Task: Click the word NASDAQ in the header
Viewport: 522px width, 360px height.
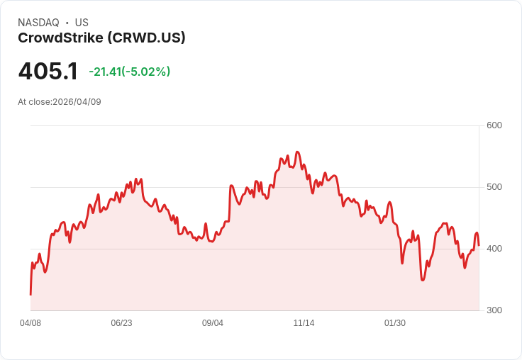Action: (38, 23)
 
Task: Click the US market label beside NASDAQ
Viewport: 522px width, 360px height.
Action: (82, 23)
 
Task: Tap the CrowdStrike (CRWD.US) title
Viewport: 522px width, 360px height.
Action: (101, 38)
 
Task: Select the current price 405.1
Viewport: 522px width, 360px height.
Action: (48, 72)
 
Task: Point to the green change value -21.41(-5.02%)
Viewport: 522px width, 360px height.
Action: (129, 72)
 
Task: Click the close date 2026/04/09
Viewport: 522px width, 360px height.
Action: (77, 102)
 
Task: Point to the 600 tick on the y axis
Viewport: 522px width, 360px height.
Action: (494, 125)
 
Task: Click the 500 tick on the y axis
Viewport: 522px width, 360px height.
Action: (494, 187)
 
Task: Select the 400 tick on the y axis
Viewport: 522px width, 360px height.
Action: (494, 249)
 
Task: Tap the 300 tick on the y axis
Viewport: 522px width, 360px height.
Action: (494, 310)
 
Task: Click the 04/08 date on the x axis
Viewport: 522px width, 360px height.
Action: (30, 323)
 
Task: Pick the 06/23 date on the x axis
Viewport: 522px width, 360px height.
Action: (121, 323)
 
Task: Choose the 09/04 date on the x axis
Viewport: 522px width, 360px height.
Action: (213, 323)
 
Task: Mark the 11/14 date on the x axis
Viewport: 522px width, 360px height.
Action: (304, 323)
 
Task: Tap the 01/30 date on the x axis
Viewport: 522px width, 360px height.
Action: (395, 323)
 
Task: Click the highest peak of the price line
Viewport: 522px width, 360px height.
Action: (297, 152)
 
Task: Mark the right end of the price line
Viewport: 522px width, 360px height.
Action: (479, 245)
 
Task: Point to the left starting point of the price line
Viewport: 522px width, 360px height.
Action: (30, 294)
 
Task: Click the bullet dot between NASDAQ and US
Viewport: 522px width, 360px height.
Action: (67, 23)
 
